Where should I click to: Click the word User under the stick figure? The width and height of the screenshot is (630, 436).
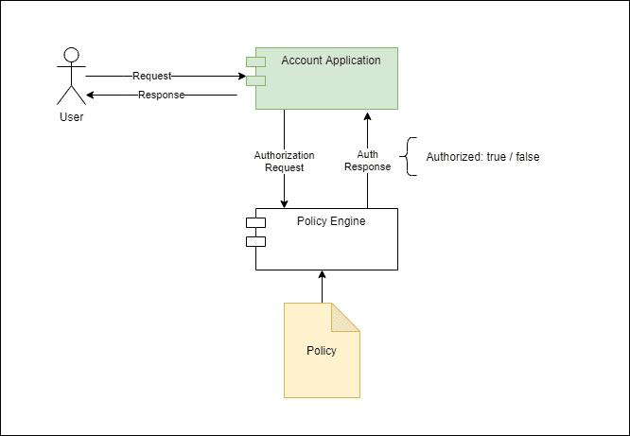71,117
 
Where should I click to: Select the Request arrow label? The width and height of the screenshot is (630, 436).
151,76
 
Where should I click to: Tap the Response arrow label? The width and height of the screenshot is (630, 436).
161,95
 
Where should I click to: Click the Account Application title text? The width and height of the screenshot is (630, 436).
330,61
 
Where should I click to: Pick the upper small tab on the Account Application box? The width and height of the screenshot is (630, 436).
255,62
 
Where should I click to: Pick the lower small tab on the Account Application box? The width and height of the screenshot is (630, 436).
255,80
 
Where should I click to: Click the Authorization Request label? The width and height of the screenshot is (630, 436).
284,161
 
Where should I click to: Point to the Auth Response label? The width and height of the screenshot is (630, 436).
367,161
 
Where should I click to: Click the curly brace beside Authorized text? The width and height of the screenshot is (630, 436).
409,157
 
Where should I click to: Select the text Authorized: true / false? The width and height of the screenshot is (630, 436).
482,157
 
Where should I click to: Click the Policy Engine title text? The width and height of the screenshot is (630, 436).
330,221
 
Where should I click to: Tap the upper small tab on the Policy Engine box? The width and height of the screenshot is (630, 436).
255,223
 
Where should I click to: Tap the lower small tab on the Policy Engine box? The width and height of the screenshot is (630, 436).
255,241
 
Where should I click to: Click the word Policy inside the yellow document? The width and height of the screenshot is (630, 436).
322,350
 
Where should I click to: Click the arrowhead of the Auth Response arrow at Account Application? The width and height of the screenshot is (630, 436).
367,113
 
